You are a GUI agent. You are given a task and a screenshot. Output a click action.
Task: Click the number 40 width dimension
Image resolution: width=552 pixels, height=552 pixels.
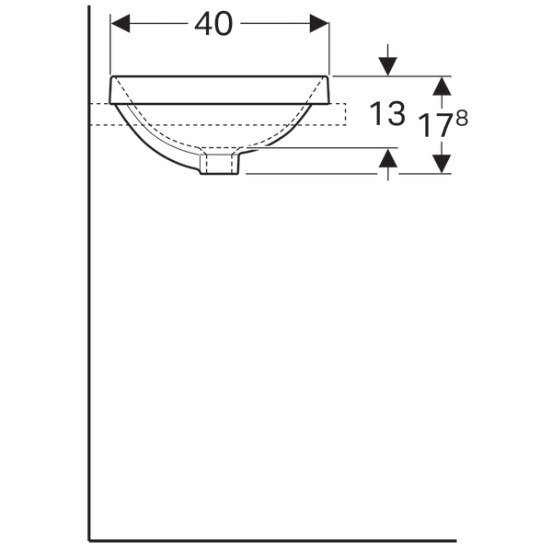(x=213, y=25)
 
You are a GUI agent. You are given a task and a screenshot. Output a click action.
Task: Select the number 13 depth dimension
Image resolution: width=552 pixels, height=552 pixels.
(x=387, y=114)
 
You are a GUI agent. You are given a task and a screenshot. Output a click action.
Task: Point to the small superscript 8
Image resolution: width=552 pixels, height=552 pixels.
(x=461, y=117)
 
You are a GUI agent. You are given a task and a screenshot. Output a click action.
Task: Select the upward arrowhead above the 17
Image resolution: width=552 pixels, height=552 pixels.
(x=443, y=85)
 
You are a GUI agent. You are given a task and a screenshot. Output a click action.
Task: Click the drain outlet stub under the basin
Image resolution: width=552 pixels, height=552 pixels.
(x=220, y=165)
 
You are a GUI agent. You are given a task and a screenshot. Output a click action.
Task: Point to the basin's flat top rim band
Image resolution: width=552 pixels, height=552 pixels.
(x=220, y=89)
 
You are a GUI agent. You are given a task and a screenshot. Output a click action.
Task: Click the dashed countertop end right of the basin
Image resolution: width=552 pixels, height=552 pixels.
(x=339, y=114)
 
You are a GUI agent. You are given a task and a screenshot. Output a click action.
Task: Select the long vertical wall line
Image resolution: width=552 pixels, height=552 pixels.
(x=89, y=322)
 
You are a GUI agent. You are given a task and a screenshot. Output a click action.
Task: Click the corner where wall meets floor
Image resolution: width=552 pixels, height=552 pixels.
(x=89, y=540)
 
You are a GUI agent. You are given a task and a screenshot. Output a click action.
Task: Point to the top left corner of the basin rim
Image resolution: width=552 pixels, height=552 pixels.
(x=111, y=77)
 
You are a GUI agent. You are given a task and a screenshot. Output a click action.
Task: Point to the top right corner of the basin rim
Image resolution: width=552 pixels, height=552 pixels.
(x=328, y=77)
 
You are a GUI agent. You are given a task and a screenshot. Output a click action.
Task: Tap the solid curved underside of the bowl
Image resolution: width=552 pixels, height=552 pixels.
(x=152, y=150)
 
